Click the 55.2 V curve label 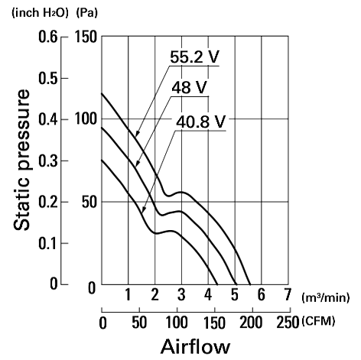pyautogui.click(x=194, y=57)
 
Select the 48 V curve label pyautogui.click(x=189, y=88)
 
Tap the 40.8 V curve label pyautogui.click(x=201, y=122)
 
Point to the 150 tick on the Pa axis pyautogui.click(x=86, y=37)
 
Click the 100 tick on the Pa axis pyautogui.click(x=86, y=119)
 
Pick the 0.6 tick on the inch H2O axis pyautogui.click(x=48, y=37)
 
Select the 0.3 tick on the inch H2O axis pyautogui.click(x=48, y=161)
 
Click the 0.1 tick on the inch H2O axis pyautogui.click(x=48, y=243)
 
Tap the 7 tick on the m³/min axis pyautogui.click(x=288, y=294)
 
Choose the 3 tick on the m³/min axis pyautogui.click(x=181, y=294)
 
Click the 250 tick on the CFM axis pyautogui.click(x=288, y=323)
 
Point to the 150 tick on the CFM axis pyautogui.click(x=214, y=323)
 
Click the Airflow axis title pyautogui.click(x=195, y=347)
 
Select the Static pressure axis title pyautogui.click(x=21, y=160)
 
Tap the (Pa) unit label pyautogui.click(x=86, y=13)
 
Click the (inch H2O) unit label pyautogui.click(x=40, y=13)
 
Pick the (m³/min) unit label pyautogui.click(x=325, y=297)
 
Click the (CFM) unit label pyautogui.click(x=318, y=321)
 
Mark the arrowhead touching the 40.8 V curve pyautogui.click(x=144, y=209)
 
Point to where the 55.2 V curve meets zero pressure pyautogui.click(x=250, y=284)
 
